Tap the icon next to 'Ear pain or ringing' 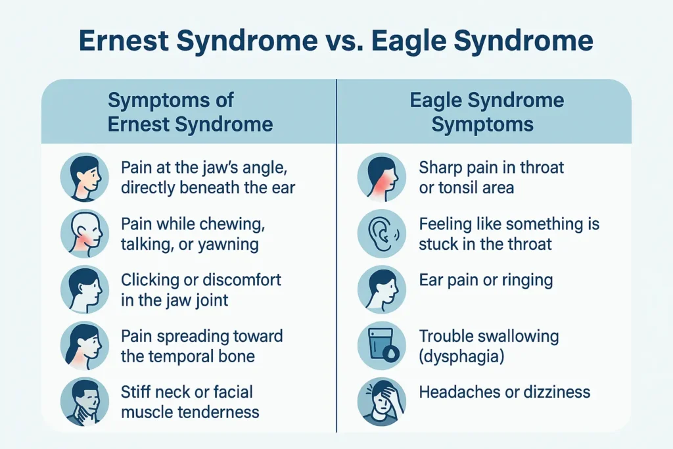tap(381, 290)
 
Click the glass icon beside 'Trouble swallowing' tap(381, 346)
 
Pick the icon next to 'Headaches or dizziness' tap(381, 402)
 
